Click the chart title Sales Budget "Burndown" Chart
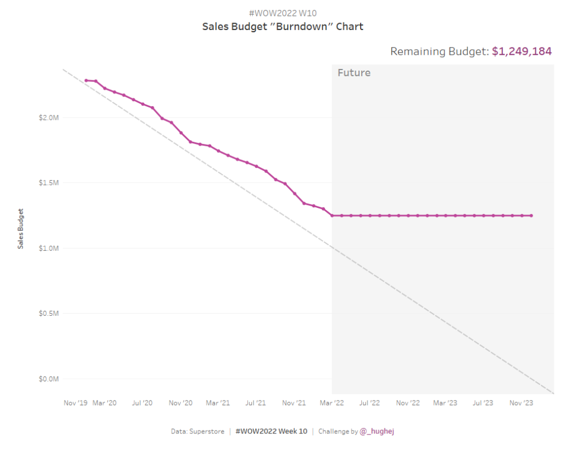pyautogui.click(x=283, y=27)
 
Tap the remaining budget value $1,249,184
pyautogui.click(x=522, y=51)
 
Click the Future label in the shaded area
pyautogui.click(x=354, y=73)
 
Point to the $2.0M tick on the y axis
pyautogui.click(x=48, y=118)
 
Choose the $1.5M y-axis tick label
pyautogui.click(x=48, y=183)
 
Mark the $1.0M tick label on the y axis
pyautogui.click(x=48, y=248)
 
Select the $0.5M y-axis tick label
pyautogui.click(x=48, y=314)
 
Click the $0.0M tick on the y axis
pyautogui.click(x=48, y=379)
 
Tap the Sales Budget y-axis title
pyautogui.click(x=21, y=229)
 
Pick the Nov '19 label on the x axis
pyautogui.click(x=76, y=403)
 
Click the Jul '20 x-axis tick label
pyautogui.click(x=142, y=403)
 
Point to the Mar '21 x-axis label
pyautogui.click(x=218, y=403)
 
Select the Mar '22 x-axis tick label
pyautogui.click(x=332, y=403)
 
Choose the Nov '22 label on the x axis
pyautogui.click(x=408, y=403)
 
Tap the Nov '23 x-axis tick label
pyautogui.click(x=522, y=403)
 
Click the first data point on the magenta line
pyautogui.click(x=86, y=80)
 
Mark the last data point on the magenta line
pyautogui.click(x=531, y=215)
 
